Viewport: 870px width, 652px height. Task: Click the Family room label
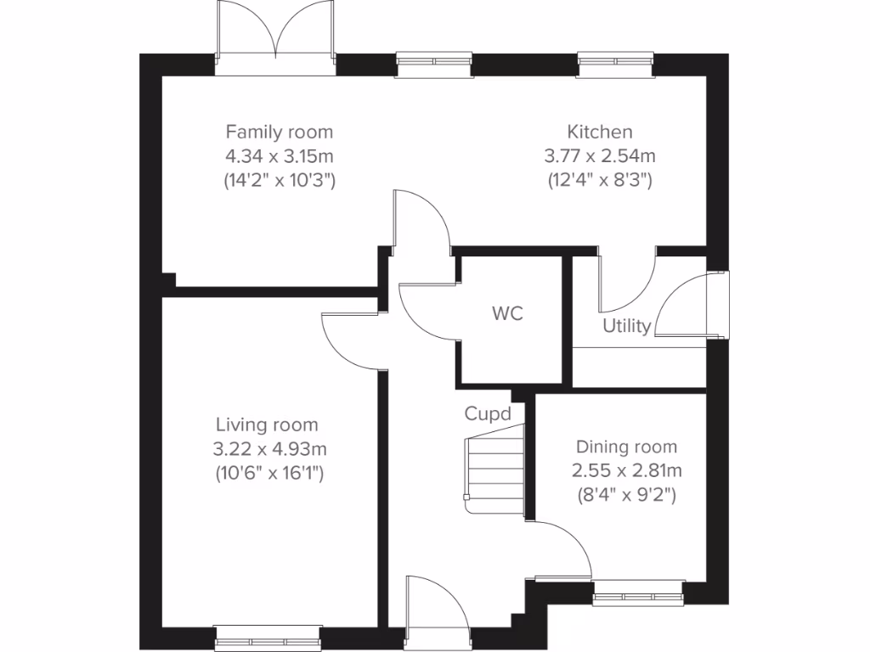coord(279,132)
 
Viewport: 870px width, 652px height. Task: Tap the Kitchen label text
coord(600,132)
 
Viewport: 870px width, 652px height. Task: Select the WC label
coord(507,313)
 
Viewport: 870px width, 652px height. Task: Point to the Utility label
coord(626,326)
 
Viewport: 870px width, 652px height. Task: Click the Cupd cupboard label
coord(488,414)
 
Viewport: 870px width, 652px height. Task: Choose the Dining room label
coord(626,447)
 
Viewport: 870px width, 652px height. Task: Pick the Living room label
coord(267,424)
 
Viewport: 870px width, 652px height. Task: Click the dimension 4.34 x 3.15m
coord(279,156)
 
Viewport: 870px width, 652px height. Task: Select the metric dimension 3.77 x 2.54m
coord(600,156)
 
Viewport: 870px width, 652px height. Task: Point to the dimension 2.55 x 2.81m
coord(626,470)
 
